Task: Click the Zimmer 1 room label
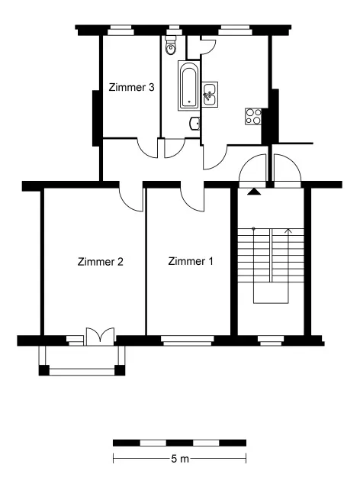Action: pos(191,261)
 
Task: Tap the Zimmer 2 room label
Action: pos(100,262)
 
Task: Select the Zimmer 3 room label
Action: pos(131,87)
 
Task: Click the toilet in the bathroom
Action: pos(170,45)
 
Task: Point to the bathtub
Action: pos(188,85)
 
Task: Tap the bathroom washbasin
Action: pos(194,124)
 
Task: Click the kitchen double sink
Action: pos(210,95)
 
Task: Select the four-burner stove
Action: pos(253,117)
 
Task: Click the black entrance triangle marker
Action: pos(254,192)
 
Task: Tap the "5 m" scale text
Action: pos(180,459)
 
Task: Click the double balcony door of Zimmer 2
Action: pos(100,337)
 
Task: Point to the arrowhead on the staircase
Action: pos(288,231)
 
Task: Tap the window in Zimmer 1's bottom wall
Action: pos(188,340)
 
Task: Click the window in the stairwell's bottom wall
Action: pos(271,340)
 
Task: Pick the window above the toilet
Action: pos(174,31)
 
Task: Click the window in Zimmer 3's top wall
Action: pos(121,31)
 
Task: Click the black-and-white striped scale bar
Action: pos(180,443)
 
